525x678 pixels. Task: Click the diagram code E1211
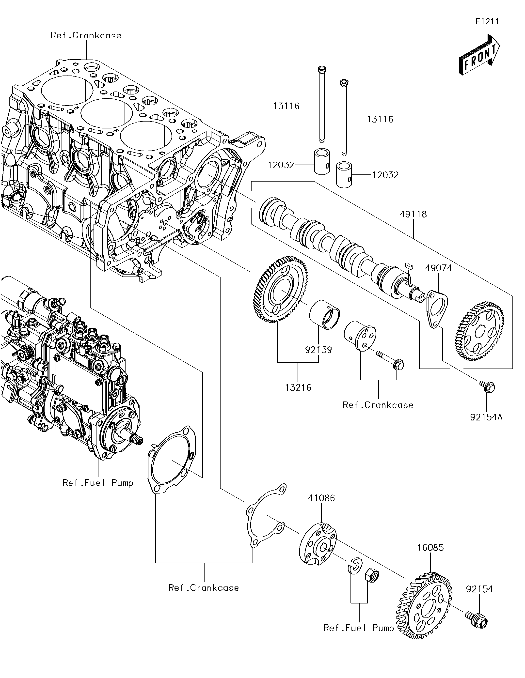tap(487, 21)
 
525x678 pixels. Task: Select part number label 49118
tap(413, 214)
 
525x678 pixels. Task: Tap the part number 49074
tap(439, 268)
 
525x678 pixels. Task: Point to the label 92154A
tap(486, 417)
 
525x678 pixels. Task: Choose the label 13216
tap(298, 387)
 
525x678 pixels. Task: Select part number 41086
tap(321, 498)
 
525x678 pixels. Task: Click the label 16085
tap(430, 548)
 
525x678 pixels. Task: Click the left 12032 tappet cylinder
tap(321, 161)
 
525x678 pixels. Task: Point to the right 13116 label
tap(380, 119)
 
